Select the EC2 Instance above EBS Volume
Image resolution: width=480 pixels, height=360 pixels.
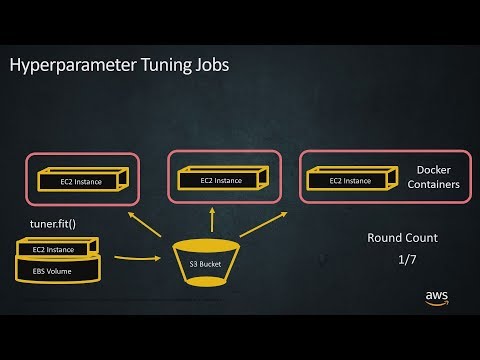[x=56, y=248]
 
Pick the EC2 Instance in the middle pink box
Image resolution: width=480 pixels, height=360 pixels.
[x=220, y=181]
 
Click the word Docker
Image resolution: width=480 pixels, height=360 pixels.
[x=433, y=171]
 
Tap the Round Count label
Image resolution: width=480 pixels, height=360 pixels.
[x=401, y=238]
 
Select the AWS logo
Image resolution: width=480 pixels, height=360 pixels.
[x=437, y=297]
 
